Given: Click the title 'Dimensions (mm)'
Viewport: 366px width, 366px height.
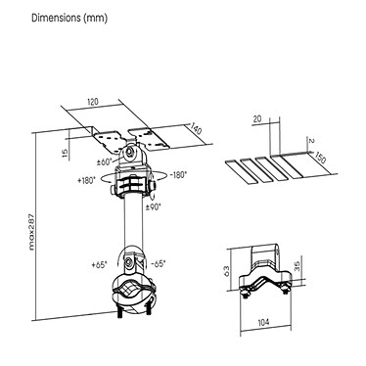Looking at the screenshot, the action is tap(69, 18).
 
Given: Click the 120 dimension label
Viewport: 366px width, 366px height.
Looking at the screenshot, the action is tap(92, 102).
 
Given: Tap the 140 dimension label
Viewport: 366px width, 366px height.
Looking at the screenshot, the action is tap(196, 129).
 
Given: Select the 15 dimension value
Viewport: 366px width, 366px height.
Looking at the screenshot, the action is tap(65, 153).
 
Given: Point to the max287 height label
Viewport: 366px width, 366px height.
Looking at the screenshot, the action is tap(31, 232).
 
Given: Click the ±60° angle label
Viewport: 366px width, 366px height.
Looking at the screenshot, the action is tap(106, 161).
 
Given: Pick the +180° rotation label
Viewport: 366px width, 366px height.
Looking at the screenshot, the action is tap(86, 180).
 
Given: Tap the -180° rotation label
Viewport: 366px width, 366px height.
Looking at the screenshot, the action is tap(178, 175).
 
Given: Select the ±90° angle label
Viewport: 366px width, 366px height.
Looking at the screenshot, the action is tap(153, 207).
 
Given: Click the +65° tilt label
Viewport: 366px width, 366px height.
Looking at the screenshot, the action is tap(99, 264).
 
